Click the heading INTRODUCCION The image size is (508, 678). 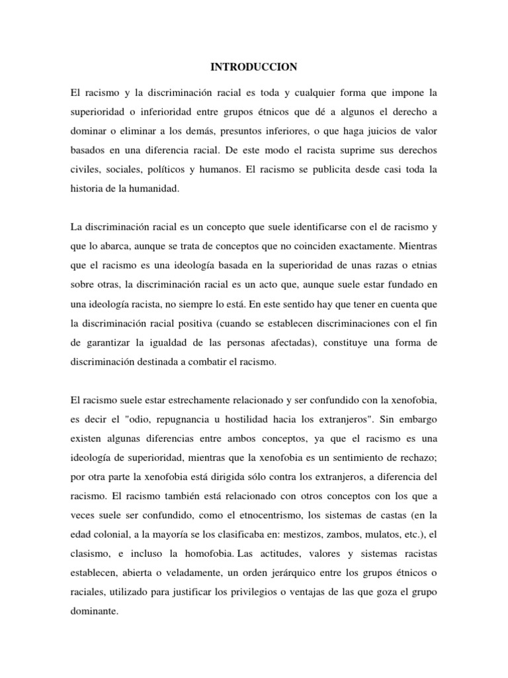(254, 67)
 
